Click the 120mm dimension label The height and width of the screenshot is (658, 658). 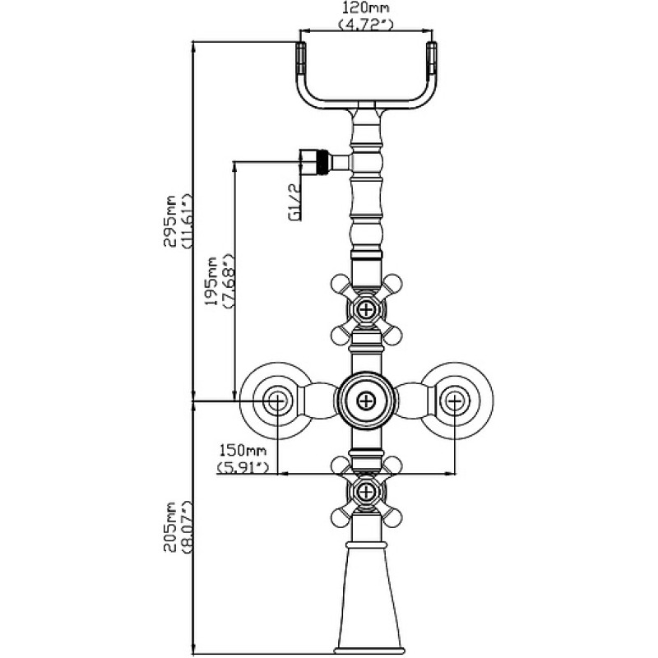[x=366, y=7]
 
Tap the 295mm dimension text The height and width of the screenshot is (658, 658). [x=170, y=220]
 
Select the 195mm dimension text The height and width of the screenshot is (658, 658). [x=211, y=280]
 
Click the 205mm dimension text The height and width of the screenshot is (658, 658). [x=170, y=526]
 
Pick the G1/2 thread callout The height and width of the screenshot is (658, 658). [x=295, y=202]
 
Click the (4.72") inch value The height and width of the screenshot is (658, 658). [x=366, y=25]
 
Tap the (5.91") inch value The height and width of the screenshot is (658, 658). [x=243, y=467]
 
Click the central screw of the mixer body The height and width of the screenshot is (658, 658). [x=366, y=401]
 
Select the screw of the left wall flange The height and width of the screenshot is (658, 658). [x=277, y=401]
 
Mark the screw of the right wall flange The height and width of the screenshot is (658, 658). [x=456, y=401]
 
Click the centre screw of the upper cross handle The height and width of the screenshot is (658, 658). [x=366, y=310]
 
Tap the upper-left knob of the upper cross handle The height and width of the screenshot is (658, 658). [x=341, y=284]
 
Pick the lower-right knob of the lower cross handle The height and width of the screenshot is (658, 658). [x=392, y=517]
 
